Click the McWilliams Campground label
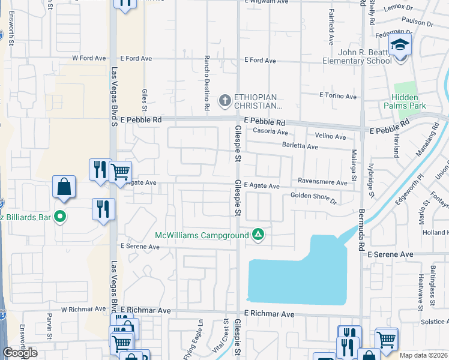[x=202, y=235]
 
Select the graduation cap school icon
[x=399, y=45]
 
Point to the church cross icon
[x=225, y=100]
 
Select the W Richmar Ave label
[x=85, y=310]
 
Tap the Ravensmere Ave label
[x=322, y=182]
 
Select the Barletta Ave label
[x=300, y=146]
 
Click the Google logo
[x=20, y=353]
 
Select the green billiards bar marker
[x=59, y=216]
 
